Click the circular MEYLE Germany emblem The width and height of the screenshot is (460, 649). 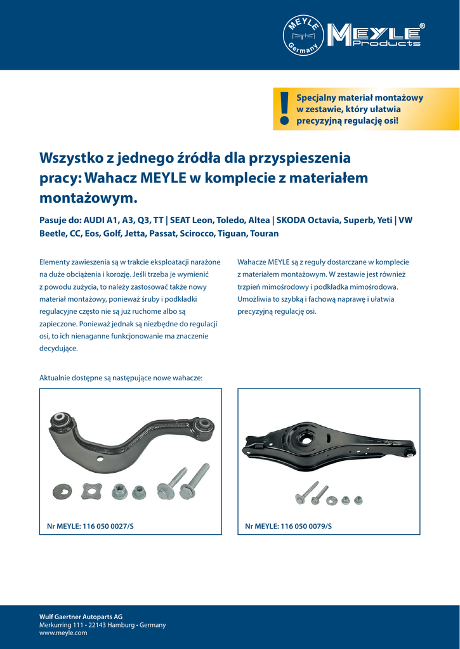click(303, 35)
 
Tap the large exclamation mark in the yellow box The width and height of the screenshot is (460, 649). click(284, 108)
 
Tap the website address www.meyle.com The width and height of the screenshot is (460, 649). click(63, 633)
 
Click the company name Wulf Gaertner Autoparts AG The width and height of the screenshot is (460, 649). click(81, 616)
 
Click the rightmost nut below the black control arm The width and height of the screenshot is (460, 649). click(358, 501)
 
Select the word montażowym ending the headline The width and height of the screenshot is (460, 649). click(88, 198)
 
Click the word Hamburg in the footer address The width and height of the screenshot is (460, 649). click(119, 625)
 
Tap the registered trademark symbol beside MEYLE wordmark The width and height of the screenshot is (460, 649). click(423, 26)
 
